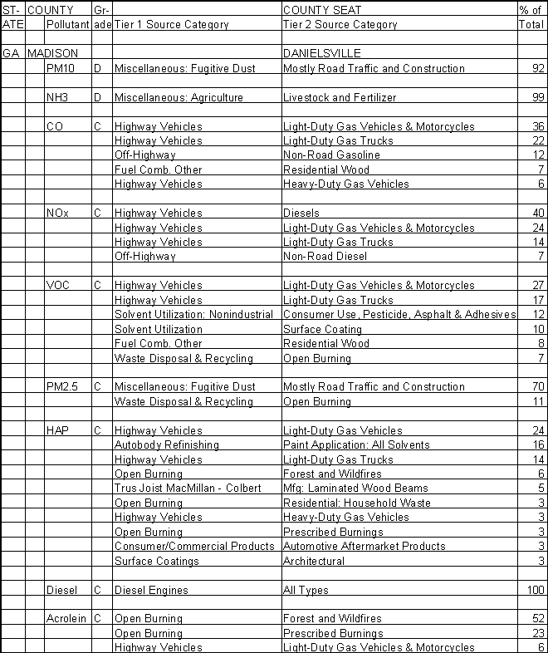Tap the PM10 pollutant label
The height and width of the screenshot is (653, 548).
coord(61,69)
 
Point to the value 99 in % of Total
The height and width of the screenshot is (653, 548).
coord(538,98)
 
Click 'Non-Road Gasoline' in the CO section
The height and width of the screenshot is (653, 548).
coord(331,155)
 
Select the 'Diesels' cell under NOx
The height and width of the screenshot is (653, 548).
coord(301,214)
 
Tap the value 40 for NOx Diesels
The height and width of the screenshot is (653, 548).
coord(538,214)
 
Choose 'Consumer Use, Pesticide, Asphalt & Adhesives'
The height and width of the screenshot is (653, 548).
coord(399,315)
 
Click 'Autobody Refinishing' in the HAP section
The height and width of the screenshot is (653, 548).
coord(166,445)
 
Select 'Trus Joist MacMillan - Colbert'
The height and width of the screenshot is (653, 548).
coord(188,489)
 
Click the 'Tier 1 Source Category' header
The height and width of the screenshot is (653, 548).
coord(171,25)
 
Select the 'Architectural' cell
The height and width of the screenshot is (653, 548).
coord(314,562)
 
